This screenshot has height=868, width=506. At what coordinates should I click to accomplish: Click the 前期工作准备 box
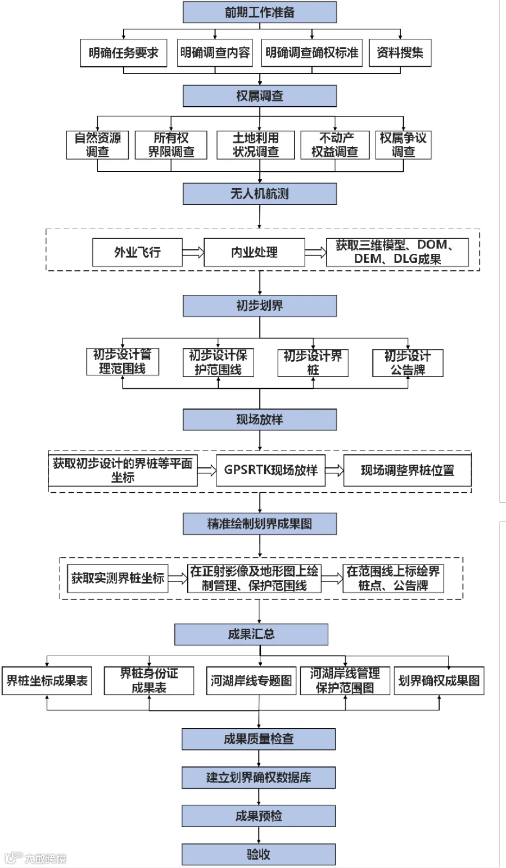click(x=259, y=12)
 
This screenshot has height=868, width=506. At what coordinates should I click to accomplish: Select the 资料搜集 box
click(x=400, y=53)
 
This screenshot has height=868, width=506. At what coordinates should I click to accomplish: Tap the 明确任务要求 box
click(x=123, y=53)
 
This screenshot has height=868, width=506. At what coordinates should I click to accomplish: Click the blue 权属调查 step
click(x=259, y=96)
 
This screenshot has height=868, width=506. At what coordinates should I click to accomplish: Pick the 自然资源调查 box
click(x=97, y=145)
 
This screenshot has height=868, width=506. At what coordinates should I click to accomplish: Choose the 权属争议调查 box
click(x=403, y=145)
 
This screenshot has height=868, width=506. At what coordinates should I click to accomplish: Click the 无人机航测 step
click(x=259, y=194)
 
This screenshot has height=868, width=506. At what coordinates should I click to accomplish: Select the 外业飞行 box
click(x=137, y=252)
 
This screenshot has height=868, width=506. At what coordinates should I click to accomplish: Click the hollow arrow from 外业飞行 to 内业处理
click(x=193, y=252)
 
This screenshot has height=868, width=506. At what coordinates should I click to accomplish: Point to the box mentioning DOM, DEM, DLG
click(x=397, y=252)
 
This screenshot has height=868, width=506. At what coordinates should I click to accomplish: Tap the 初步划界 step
click(x=259, y=306)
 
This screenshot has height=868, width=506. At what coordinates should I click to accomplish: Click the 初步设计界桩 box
click(x=313, y=363)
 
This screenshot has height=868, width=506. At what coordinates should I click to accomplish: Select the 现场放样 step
click(x=259, y=420)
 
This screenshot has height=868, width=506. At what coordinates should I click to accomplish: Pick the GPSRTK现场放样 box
click(x=270, y=470)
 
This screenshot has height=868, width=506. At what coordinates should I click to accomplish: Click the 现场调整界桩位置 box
click(x=407, y=470)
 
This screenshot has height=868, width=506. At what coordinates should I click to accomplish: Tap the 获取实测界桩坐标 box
click(x=118, y=578)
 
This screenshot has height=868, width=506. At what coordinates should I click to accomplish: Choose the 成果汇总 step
click(x=251, y=634)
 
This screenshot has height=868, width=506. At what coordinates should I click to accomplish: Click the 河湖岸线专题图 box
click(x=251, y=681)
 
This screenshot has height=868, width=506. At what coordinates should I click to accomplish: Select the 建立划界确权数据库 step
click(x=258, y=778)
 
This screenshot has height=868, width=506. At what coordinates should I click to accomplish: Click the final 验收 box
click(x=258, y=854)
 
